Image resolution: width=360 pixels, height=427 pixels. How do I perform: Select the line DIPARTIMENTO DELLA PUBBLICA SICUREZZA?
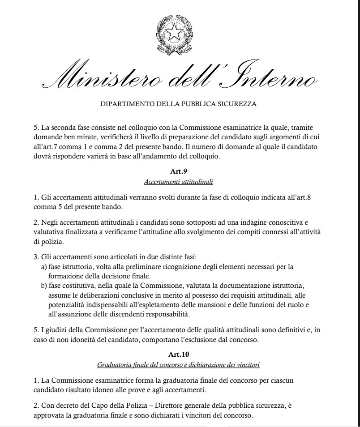[180, 105]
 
